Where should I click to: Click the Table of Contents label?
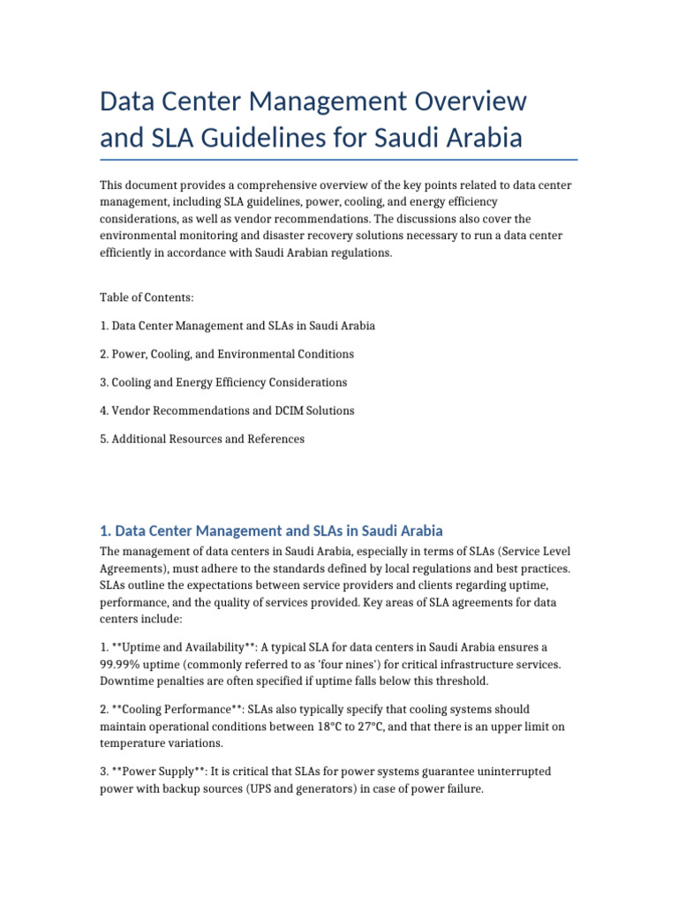(147, 298)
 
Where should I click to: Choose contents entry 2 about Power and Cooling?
(227, 354)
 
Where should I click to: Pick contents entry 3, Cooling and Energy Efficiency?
(223, 382)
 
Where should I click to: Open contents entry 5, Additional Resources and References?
(202, 439)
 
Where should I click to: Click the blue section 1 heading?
(271, 531)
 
